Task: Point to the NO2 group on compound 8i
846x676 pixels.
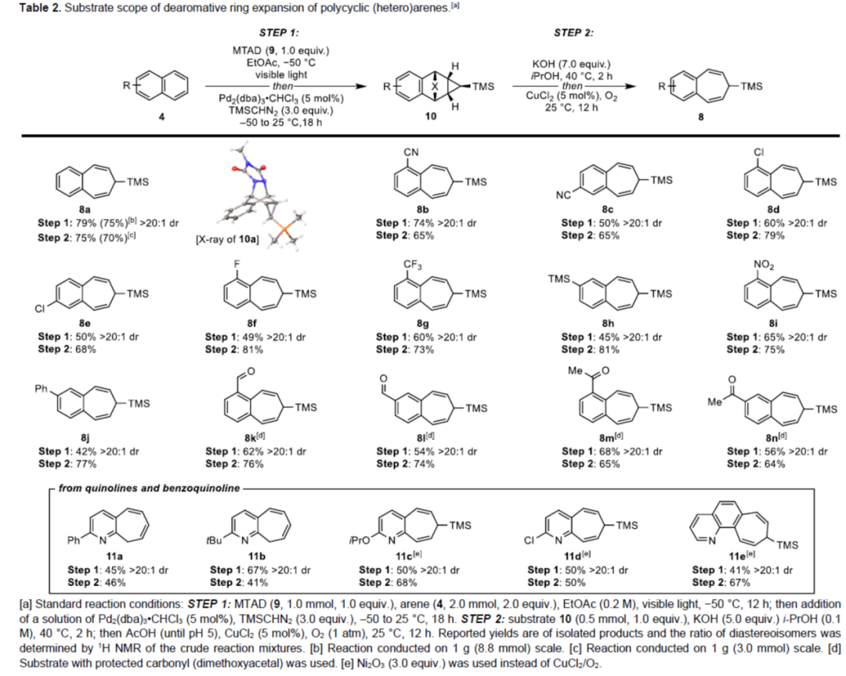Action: click(x=761, y=264)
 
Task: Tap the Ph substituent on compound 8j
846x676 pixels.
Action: click(x=50, y=386)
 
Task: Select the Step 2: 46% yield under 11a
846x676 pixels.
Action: click(x=98, y=582)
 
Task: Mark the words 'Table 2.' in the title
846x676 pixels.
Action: click(x=29, y=9)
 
